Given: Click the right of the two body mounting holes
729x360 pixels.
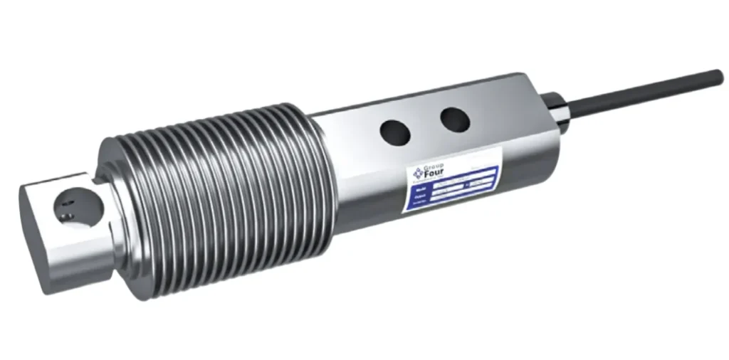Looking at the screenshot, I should click(454, 119).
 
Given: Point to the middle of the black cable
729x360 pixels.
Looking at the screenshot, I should click(641, 92).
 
